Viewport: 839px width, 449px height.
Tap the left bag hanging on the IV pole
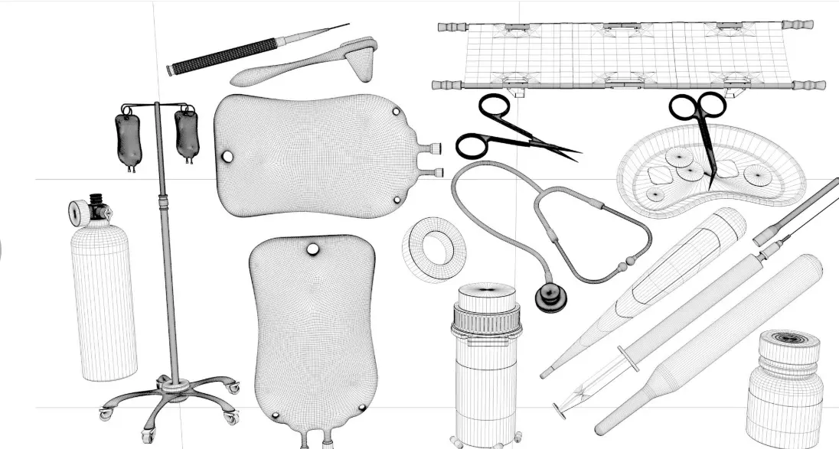(129, 140)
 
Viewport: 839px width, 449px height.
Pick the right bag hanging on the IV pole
(185, 134)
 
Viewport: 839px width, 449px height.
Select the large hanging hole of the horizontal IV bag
(227, 157)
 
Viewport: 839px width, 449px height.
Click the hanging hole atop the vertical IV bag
(312, 249)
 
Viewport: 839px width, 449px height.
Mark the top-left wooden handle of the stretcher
(452, 27)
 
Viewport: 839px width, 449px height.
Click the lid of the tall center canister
(486, 294)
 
